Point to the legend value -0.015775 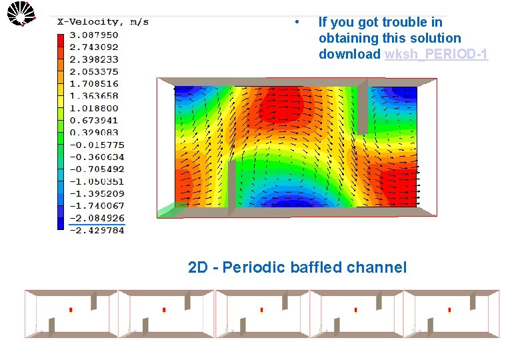97,145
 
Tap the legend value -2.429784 97,231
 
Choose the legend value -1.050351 97,181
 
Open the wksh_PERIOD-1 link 436,55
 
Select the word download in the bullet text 349,55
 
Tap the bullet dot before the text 295,21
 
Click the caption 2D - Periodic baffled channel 297,268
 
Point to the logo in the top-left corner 21,13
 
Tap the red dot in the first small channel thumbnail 70,310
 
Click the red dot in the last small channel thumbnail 449,310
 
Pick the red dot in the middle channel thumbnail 261,310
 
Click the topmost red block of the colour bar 61,39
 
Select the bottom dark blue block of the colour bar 61,223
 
